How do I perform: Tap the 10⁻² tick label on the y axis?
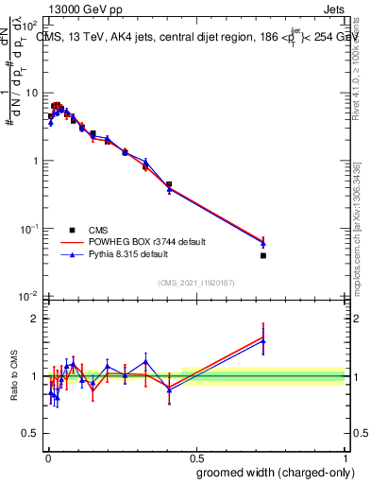[x=29, y=297]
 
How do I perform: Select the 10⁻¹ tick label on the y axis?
[x=29, y=229]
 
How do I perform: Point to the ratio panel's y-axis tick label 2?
[x=35, y=319]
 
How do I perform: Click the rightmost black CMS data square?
[x=263, y=255]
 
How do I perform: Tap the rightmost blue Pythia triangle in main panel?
[x=263, y=243]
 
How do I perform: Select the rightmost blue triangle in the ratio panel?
[x=263, y=341]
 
